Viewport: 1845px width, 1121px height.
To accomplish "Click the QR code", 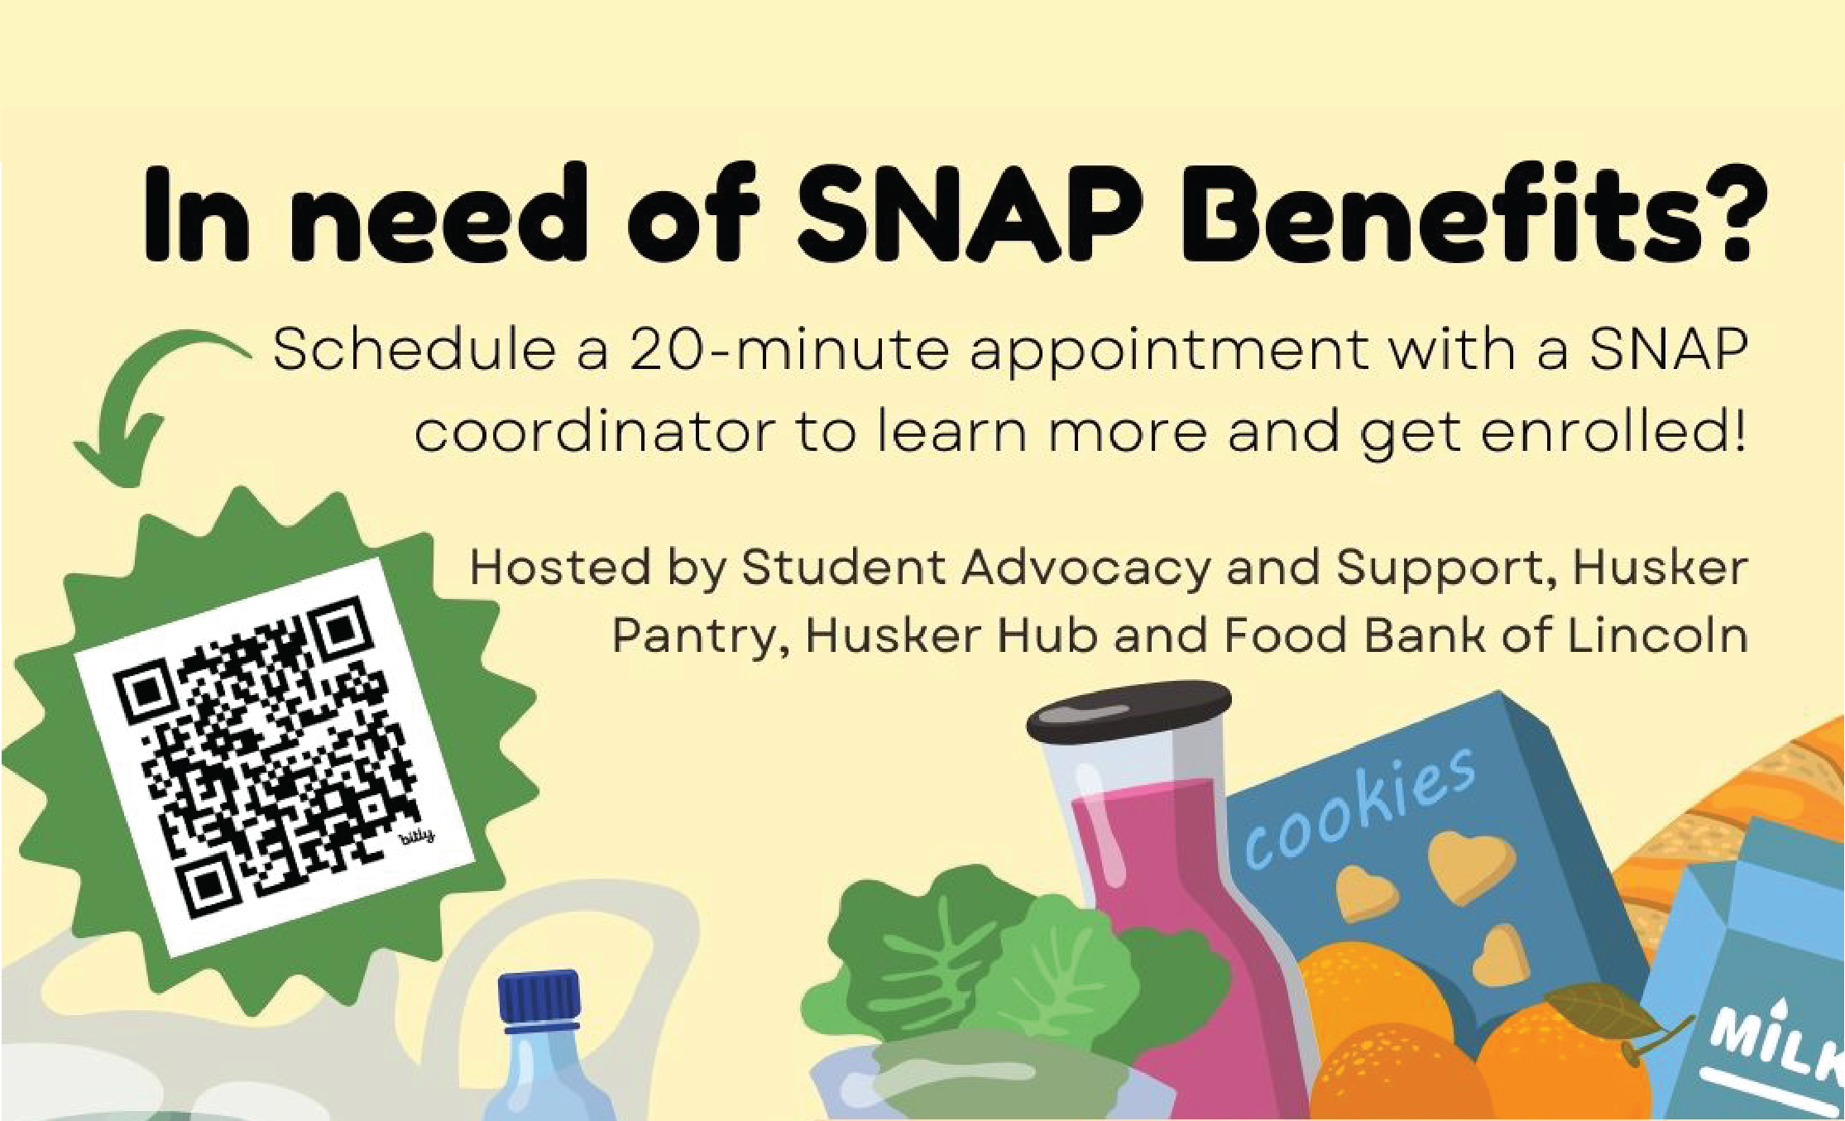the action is (x=274, y=756).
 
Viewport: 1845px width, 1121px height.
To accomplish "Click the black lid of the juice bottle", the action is (x=1129, y=711).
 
